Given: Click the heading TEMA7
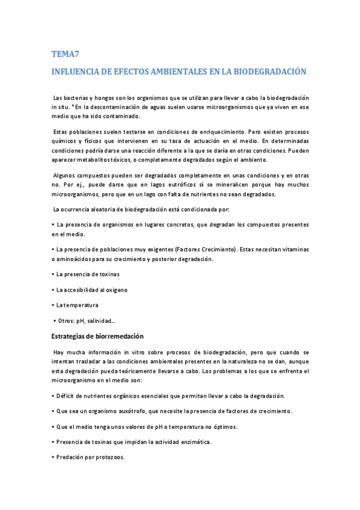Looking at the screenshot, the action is point(65,55).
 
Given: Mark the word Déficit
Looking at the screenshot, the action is point(67,396).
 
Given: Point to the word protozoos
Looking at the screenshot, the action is point(109,457).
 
